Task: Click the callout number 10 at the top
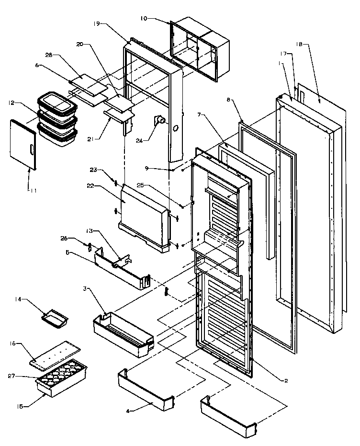[144, 19]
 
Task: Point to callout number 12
[11, 102]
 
